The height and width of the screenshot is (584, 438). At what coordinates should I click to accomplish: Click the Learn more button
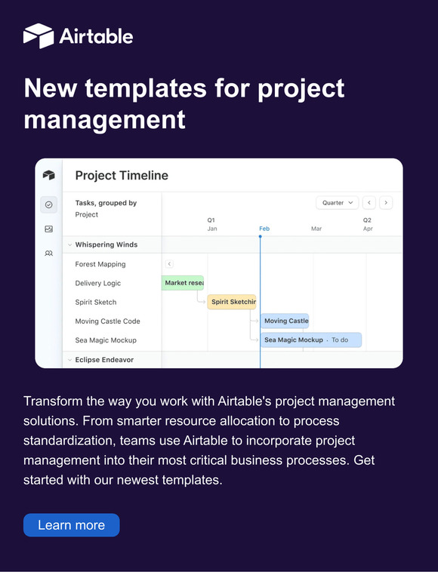pos(71,525)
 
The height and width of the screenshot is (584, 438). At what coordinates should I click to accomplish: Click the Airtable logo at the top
pos(78,35)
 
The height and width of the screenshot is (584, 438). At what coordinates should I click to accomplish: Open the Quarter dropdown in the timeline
pos(337,203)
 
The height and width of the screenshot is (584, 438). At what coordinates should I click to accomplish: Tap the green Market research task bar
pos(183,283)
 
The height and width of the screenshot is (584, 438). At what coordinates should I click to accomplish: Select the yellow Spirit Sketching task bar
pos(232,302)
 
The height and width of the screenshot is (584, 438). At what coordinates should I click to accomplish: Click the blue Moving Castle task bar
pos(285,321)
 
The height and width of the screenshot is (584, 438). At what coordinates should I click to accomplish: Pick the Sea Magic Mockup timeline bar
pos(311,340)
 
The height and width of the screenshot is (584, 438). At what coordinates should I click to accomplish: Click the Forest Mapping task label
pos(100,264)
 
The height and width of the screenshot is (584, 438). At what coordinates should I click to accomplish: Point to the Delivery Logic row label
pos(98,283)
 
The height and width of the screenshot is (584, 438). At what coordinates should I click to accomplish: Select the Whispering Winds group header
pos(106,244)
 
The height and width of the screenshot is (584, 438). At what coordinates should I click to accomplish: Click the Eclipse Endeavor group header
pos(104,360)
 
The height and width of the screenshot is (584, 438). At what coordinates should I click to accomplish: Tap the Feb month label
pos(264,229)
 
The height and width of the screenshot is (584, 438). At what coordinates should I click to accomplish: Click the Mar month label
pos(316,229)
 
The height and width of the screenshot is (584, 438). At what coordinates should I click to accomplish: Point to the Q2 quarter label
pos(367,220)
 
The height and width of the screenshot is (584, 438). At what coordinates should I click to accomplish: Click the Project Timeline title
pos(122,176)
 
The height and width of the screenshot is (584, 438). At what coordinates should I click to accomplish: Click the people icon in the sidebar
pos(49,254)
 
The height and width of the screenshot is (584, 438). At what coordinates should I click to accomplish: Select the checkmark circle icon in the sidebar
pos(49,204)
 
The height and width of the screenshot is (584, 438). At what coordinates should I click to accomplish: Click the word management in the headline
pos(104,119)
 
